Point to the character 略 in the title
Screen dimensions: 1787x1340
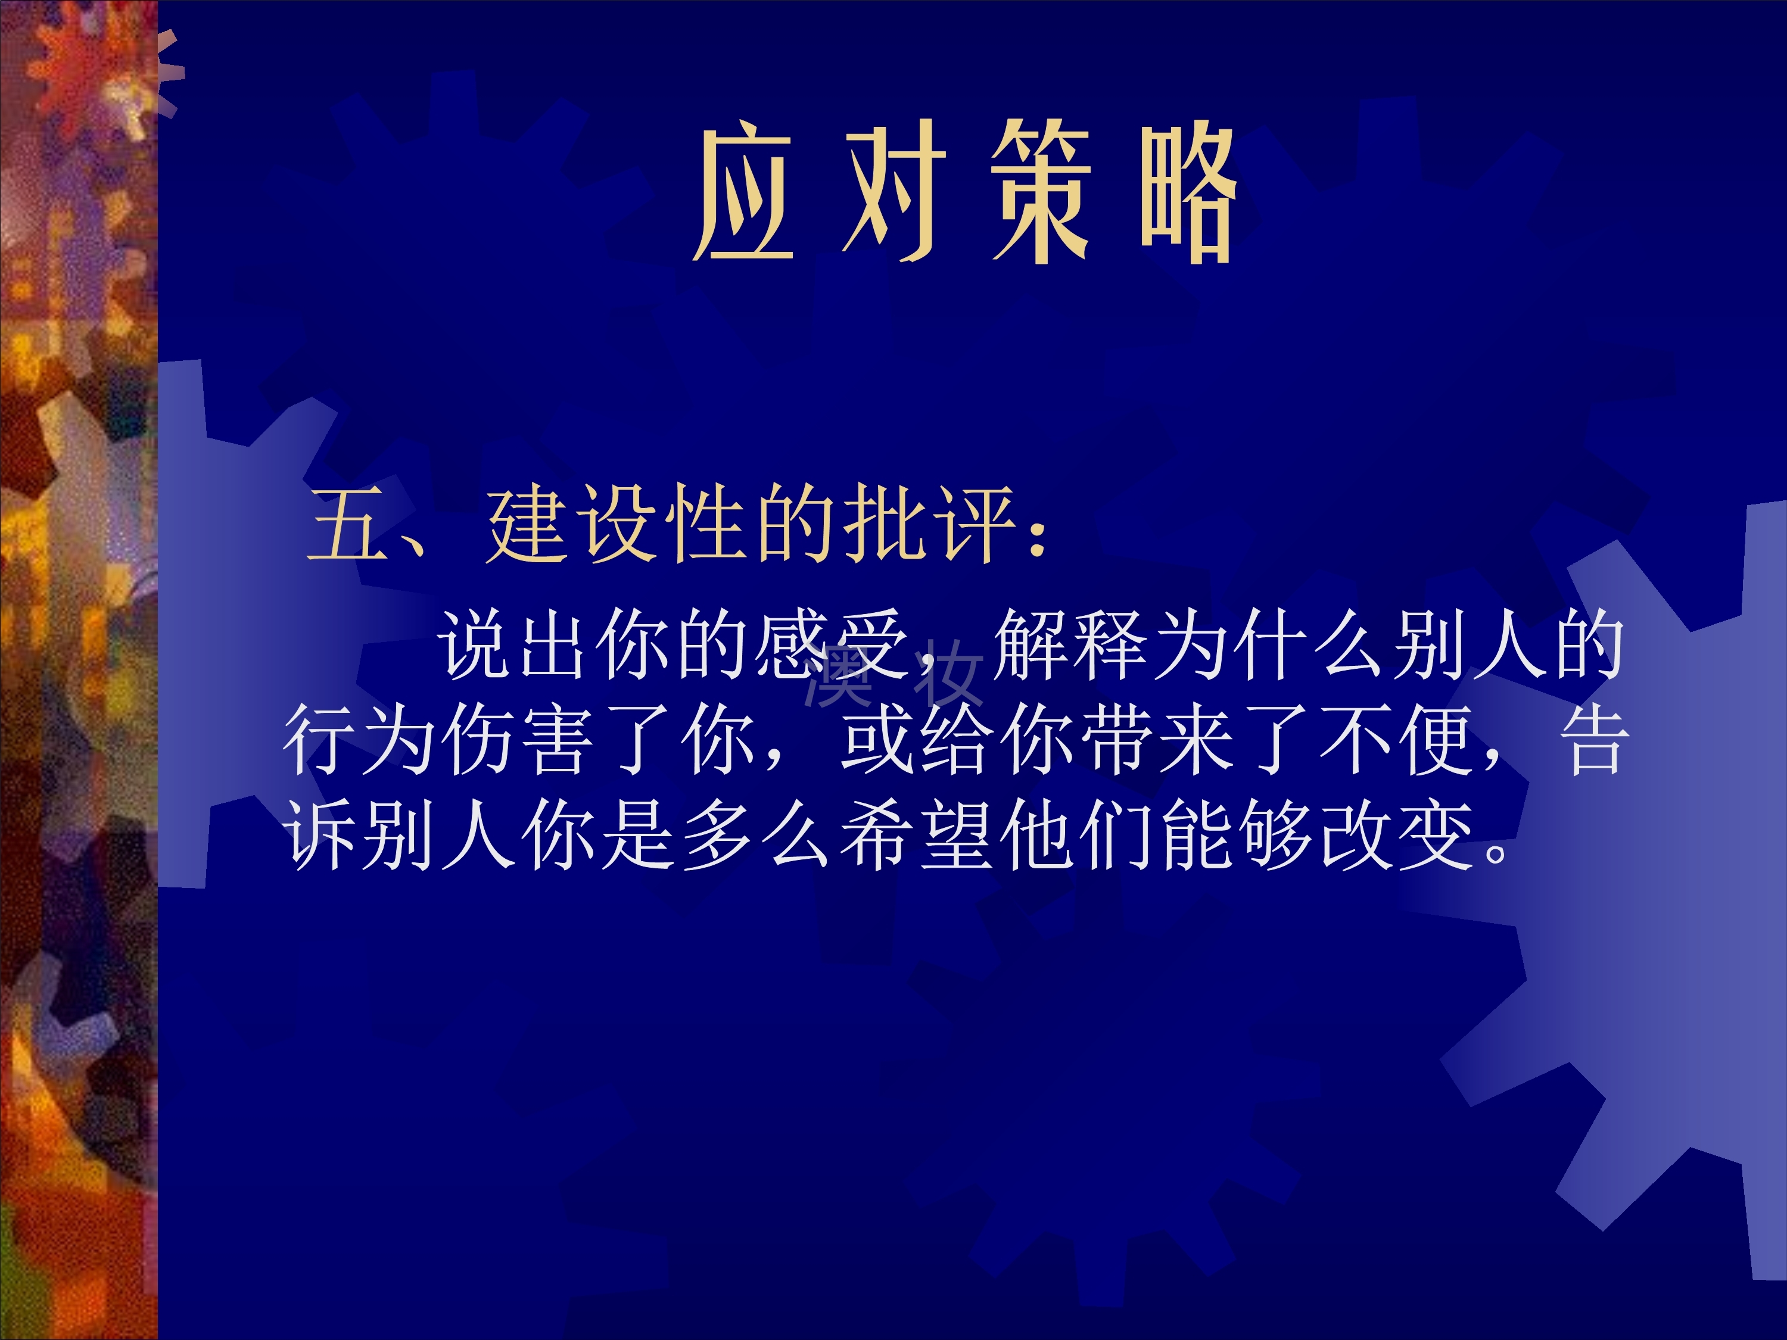[x=1188, y=194]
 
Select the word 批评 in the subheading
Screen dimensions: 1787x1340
[x=930, y=525]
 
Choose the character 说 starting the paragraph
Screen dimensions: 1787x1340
[x=477, y=644]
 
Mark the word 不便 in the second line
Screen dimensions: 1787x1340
[x=1397, y=739]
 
